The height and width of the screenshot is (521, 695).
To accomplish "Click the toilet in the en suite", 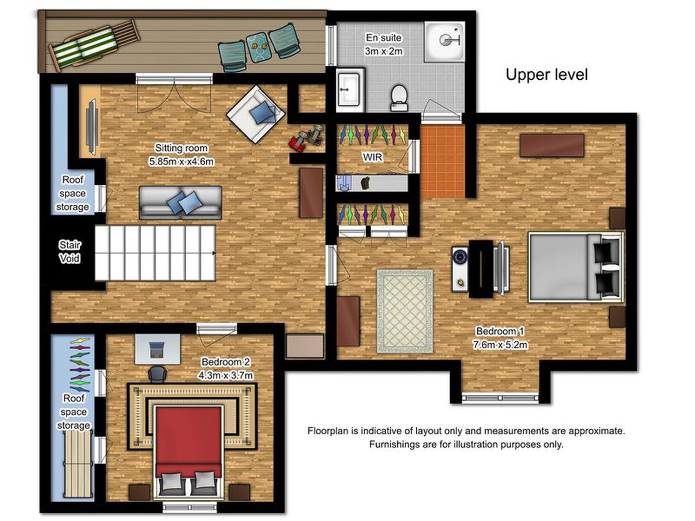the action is [x=399, y=98].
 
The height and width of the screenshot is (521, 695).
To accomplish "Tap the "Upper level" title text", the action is [x=547, y=75].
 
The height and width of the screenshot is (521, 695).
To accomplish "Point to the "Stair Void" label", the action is [x=69, y=252].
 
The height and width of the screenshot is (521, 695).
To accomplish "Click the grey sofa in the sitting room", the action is [x=180, y=203].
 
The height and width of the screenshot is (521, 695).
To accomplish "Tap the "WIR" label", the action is [x=372, y=157].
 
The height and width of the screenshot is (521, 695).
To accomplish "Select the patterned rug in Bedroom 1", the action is [x=405, y=312].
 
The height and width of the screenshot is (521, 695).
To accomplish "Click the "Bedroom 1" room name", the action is [x=500, y=331].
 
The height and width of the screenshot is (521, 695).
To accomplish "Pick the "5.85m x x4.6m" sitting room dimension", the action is [x=181, y=161].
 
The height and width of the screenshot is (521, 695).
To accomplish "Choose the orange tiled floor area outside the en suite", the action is [x=443, y=161].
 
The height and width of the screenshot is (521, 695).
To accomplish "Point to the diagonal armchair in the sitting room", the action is [x=256, y=114].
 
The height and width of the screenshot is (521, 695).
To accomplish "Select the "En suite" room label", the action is [x=384, y=38].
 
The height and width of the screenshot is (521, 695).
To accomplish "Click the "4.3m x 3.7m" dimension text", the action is [x=225, y=375].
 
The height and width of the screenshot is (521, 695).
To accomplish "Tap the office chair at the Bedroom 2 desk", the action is [x=157, y=374].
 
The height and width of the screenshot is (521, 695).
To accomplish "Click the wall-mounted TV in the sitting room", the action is [x=91, y=127].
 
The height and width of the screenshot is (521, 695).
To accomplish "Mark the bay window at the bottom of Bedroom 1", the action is [x=500, y=398].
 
